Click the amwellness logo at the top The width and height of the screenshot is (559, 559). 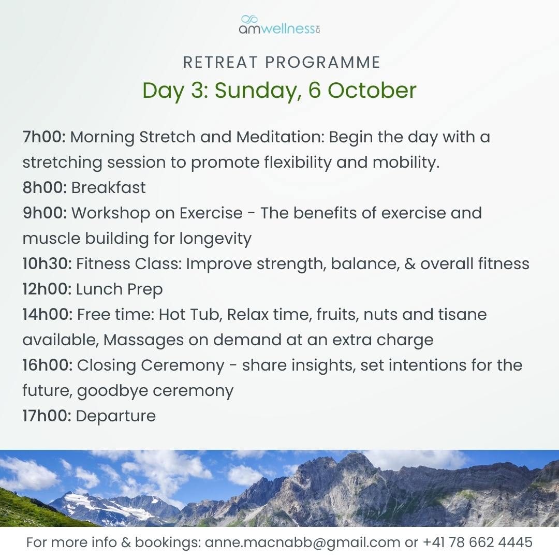point(279,25)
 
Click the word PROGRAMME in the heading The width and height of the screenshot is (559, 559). point(323,63)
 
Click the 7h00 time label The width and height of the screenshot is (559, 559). point(44,137)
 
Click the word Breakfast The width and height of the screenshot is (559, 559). point(108,187)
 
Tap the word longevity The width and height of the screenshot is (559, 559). point(215,239)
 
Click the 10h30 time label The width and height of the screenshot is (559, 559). point(47,264)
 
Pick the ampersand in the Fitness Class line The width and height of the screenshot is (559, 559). point(409,264)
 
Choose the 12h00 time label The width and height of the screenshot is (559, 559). point(47,289)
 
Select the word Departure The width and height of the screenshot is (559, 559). point(116,416)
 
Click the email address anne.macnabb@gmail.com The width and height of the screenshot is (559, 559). point(302,542)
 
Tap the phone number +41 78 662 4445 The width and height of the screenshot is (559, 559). point(477,542)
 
